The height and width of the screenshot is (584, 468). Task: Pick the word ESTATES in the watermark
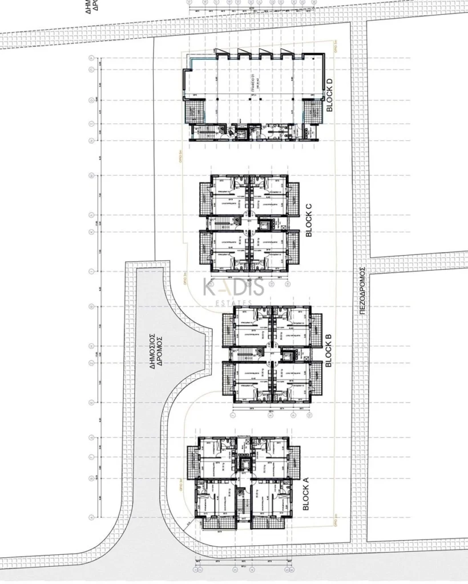[234, 302]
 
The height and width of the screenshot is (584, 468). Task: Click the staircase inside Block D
[200, 131]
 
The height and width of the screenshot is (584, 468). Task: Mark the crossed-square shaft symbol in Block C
[233, 220]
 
